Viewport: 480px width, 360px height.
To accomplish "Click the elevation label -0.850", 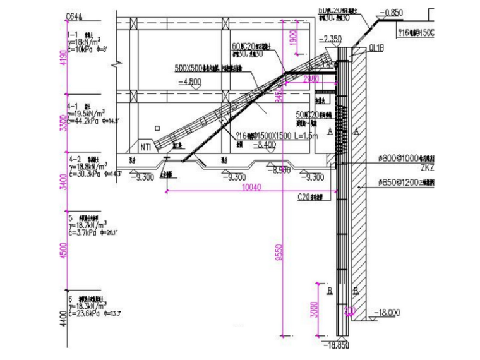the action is click(x=392, y=12).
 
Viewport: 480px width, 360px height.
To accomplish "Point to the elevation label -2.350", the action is click(x=330, y=39).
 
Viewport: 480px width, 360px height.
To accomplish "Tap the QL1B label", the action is click(x=359, y=46).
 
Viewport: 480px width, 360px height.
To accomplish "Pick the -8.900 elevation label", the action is click(x=281, y=170).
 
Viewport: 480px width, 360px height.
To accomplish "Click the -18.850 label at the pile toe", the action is click(x=339, y=345).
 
